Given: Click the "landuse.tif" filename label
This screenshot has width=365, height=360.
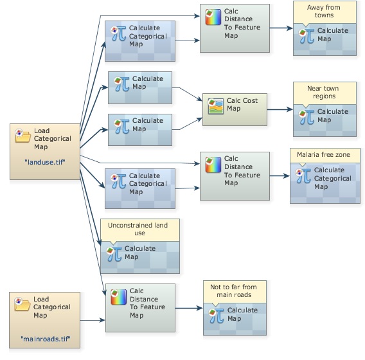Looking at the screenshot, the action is coord(45,162).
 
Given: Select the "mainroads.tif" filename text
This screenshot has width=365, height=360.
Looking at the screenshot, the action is coord(46,339).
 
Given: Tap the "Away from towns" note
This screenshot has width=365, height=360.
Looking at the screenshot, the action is coord(325,12).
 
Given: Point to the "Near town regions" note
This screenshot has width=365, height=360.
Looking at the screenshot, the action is coord(325,93).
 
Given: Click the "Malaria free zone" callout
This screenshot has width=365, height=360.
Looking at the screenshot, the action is coord(325,155).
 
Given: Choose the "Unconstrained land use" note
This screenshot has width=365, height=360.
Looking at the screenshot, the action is coord(140,230).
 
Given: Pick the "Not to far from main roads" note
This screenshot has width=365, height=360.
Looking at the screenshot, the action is coord(235,291).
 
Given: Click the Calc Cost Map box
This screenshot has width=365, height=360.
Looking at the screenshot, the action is coord(235,109).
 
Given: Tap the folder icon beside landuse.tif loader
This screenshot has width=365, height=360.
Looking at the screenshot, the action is coord(22,136).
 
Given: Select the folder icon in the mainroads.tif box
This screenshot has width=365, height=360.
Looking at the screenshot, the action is coord(22,304).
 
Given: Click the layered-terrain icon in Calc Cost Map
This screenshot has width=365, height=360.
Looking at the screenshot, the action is coord(215,106).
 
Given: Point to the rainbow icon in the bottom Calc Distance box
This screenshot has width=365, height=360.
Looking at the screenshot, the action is coord(118,297).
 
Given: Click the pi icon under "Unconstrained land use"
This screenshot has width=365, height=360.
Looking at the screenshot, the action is coord(114,254).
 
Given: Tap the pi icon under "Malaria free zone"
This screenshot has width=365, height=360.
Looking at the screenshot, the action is coord(303,175).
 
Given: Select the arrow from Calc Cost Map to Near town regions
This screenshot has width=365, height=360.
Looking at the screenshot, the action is coord(280,109).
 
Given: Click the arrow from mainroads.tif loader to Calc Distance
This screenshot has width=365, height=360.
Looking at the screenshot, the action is coord(93,320).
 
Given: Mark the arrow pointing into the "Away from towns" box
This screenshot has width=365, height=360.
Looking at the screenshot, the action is coord(281,28).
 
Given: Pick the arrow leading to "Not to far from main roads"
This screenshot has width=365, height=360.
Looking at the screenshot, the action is coord(190,308).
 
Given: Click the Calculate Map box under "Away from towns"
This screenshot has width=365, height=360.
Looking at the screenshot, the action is coord(325,39).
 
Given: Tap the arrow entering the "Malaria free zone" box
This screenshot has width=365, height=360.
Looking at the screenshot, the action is coord(280,175).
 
